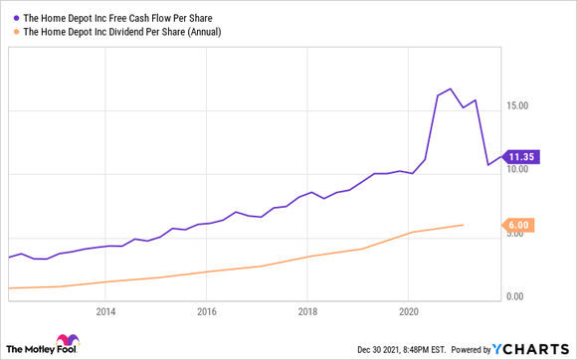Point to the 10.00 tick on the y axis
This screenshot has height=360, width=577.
click(x=526, y=170)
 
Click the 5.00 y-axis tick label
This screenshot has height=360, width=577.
click(x=528, y=235)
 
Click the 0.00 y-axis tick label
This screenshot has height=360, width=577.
click(x=528, y=297)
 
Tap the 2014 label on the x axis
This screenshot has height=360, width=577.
click(x=105, y=310)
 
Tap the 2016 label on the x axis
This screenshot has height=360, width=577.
click(x=206, y=310)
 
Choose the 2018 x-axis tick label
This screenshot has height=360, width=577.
click(x=306, y=310)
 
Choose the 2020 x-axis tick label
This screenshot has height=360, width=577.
click(x=407, y=310)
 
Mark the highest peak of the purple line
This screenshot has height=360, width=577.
click(x=450, y=89)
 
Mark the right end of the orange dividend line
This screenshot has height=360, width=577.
click(x=463, y=225)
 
